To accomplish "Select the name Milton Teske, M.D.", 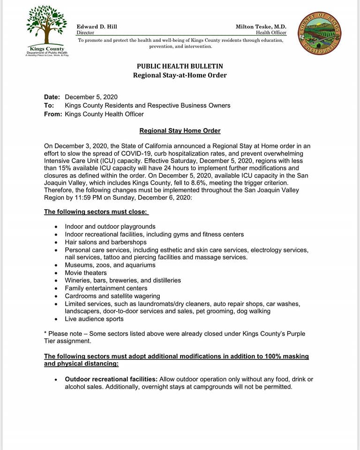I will click(261, 27).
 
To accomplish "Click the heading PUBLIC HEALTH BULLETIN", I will click(180, 66).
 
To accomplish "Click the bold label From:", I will click(53, 114).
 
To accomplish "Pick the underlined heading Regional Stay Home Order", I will click(180, 131).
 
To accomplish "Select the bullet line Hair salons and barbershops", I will click(105, 242).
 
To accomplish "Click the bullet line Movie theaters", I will click(86, 273).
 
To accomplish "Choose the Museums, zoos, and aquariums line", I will click(110, 265).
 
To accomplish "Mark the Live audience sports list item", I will click(94, 319).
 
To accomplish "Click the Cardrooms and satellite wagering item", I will click(112, 296).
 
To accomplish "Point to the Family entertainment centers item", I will click(106, 288).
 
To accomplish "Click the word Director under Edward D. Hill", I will click(85, 33).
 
